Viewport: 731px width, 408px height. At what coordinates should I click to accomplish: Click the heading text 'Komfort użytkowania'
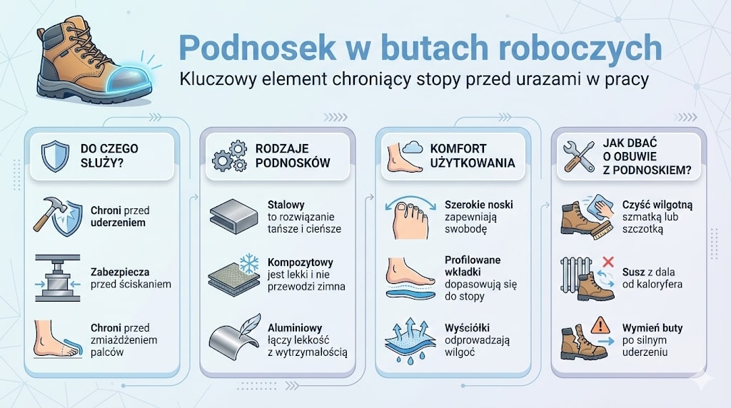(472, 155)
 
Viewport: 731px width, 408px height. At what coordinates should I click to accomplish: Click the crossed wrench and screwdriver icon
(579, 155)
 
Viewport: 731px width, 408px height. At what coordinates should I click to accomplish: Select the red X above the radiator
(608, 262)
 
